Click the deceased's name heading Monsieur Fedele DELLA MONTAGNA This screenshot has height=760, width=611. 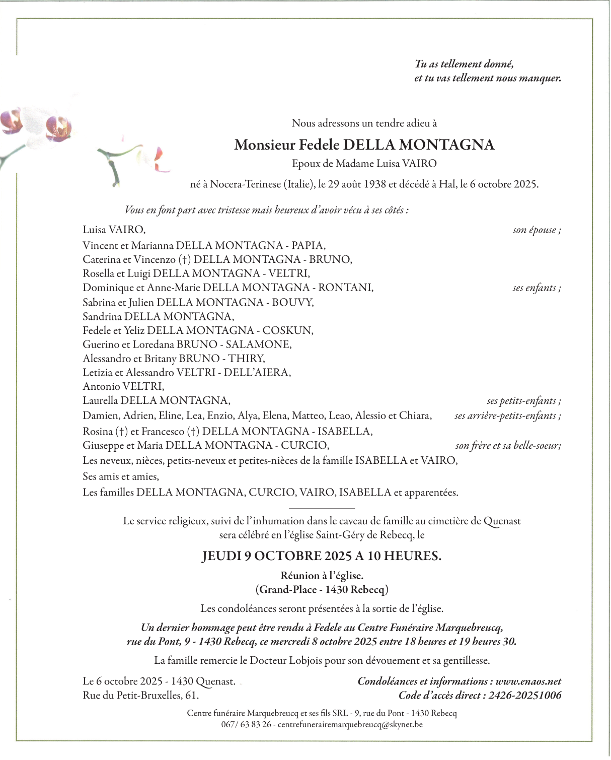tap(364, 145)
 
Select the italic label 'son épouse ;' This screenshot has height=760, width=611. tap(537, 230)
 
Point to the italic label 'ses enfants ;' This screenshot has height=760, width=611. tap(537, 288)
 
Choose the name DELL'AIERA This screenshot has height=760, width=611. tap(257, 373)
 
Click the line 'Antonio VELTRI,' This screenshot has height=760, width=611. tap(123, 387)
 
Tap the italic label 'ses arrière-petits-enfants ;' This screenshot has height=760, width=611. tap(507, 416)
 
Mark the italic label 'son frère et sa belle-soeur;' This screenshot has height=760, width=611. tap(508, 446)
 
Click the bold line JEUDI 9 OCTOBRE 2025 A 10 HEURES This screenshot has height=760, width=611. tap(322, 557)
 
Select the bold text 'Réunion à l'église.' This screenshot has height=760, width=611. tap(322, 576)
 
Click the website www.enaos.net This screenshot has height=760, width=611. tap(528, 682)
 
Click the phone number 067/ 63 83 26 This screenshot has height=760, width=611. tap(246, 725)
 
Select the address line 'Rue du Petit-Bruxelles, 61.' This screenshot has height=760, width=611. tap(141, 696)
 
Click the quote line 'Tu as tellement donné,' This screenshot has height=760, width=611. tap(464, 64)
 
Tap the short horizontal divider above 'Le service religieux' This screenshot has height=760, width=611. tap(322, 509)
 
